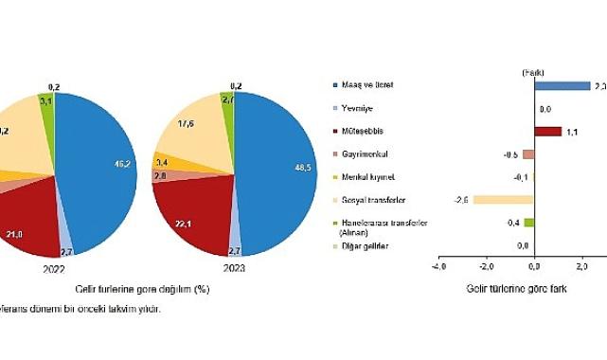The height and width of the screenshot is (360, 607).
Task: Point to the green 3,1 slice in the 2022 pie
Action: pyautogui.click(x=45, y=99)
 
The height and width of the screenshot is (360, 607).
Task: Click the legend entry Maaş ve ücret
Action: pyautogui.click(x=361, y=85)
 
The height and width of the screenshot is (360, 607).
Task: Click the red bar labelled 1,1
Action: pyautogui.click(x=547, y=132)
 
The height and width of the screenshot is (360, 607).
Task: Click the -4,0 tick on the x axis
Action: pyautogui.click(x=438, y=267)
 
